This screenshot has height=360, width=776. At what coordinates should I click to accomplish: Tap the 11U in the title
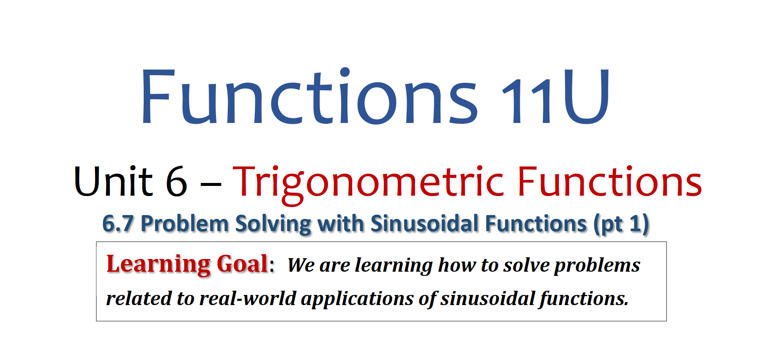point(555,96)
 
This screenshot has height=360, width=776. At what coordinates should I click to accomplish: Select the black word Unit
point(113,182)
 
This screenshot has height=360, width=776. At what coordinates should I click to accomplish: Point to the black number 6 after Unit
point(176,182)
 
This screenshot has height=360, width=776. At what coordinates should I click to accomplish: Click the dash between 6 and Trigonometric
point(210,185)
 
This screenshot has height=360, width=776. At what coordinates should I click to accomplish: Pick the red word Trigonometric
point(369,184)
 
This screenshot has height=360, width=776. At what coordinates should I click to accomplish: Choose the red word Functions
point(610,182)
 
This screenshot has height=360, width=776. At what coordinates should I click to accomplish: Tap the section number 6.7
point(118,224)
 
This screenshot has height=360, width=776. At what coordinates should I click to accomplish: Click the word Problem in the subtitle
point(185,224)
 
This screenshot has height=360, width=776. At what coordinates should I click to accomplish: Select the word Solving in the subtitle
point(273,224)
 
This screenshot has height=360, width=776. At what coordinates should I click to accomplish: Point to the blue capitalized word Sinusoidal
point(425,224)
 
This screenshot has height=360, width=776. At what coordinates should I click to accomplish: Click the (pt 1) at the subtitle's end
point(621,224)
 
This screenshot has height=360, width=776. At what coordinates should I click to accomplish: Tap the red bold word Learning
point(158,265)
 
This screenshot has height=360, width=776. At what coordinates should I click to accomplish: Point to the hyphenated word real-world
point(248,298)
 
